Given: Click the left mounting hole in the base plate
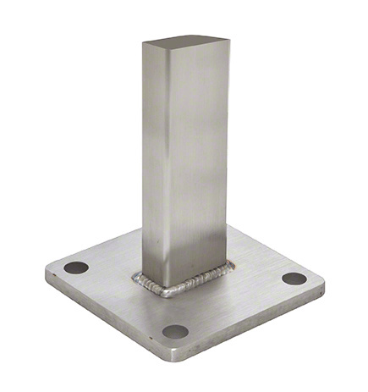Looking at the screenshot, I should point(76,267).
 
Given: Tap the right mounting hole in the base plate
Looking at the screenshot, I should point(294,279).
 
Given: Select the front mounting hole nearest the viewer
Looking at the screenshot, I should point(175,332).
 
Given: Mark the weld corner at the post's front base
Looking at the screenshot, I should point(166,292).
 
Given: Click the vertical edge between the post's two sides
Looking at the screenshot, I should point(167,169).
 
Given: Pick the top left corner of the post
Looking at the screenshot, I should point(144,42).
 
